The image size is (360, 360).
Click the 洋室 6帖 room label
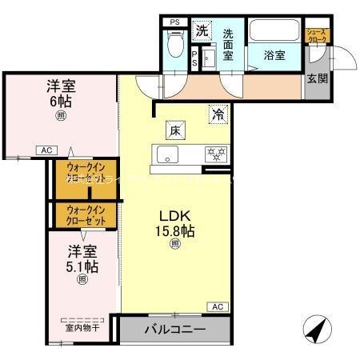(x=61, y=94)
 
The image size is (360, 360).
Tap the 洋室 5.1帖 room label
(x=82, y=257)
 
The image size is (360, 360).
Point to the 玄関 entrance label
(x=318, y=78)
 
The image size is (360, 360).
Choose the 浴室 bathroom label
(x=275, y=57)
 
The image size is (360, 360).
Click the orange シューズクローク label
(x=318, y=36)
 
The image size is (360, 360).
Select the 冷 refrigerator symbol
(x=217, y=114)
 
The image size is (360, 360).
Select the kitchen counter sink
(x=168, y=154)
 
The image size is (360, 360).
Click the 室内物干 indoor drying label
(x=83, y=326)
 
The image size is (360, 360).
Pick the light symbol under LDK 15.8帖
(x=175, y=246)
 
